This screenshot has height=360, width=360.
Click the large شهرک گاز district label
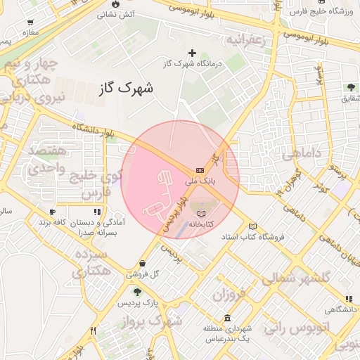127,88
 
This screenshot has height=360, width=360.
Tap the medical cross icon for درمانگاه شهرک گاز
192,53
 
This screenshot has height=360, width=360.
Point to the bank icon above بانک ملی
200,170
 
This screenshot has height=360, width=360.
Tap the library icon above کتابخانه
202,212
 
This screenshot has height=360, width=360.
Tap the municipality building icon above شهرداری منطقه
226,317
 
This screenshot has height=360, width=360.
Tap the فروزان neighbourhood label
232,294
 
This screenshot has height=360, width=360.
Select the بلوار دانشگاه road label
92,129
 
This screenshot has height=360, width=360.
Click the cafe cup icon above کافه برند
52,212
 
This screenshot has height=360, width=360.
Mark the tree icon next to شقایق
350,88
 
